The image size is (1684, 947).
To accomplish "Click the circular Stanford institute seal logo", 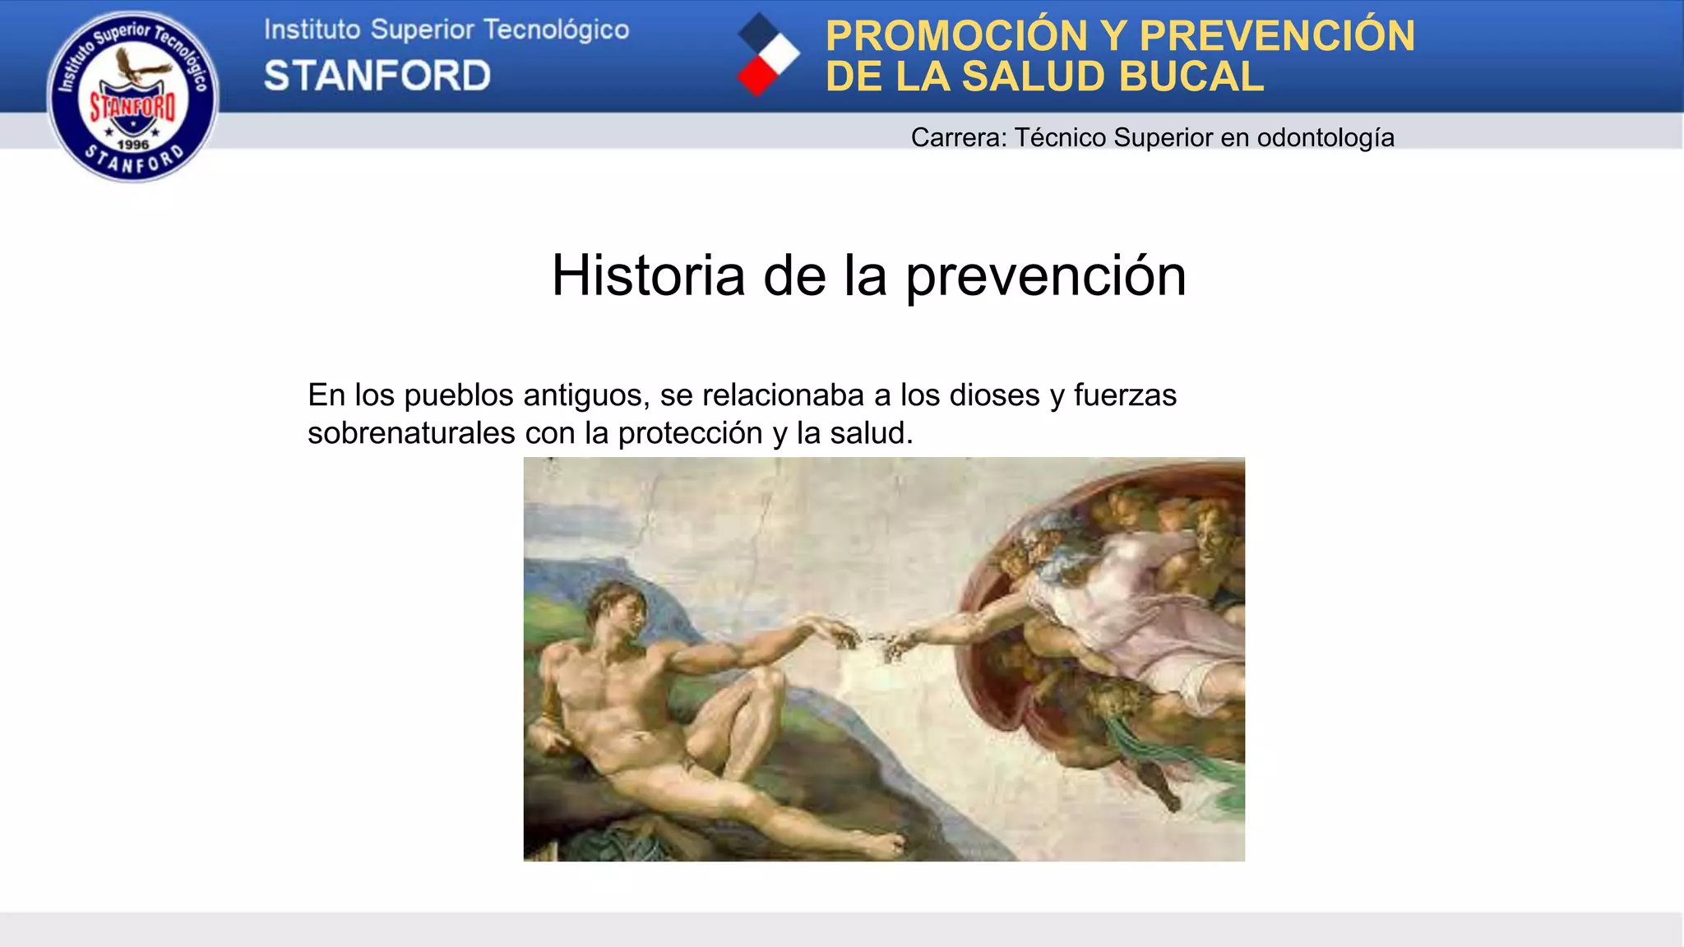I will pyautogui.click(x=133, y=96).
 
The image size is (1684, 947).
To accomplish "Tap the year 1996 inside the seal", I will pyautogui.click(x=133, y=145).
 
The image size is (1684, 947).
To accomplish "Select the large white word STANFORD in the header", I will pyautogui.click(x=377, y=76).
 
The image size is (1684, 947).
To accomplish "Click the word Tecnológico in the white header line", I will pyautogui.click(x=556, y=30).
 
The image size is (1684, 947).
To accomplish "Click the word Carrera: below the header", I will pyautogui.click(x=959, y=137).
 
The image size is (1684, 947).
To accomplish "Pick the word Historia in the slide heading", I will pyautogui.click(x=648, y=275).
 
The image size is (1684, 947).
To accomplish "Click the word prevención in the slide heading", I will pyautogui.click(x=1046, y=277).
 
